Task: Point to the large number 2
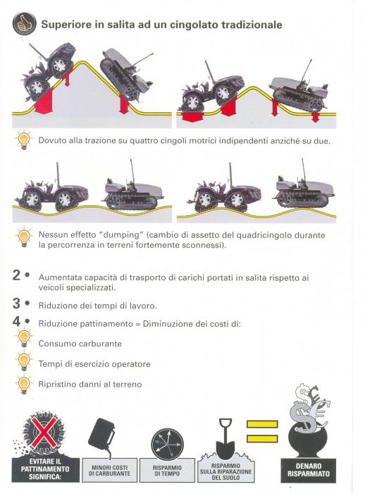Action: click(17, 276)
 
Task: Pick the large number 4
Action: click(17, 323)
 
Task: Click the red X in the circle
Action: click(41, 430)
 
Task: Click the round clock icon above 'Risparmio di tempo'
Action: click(168, 442)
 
